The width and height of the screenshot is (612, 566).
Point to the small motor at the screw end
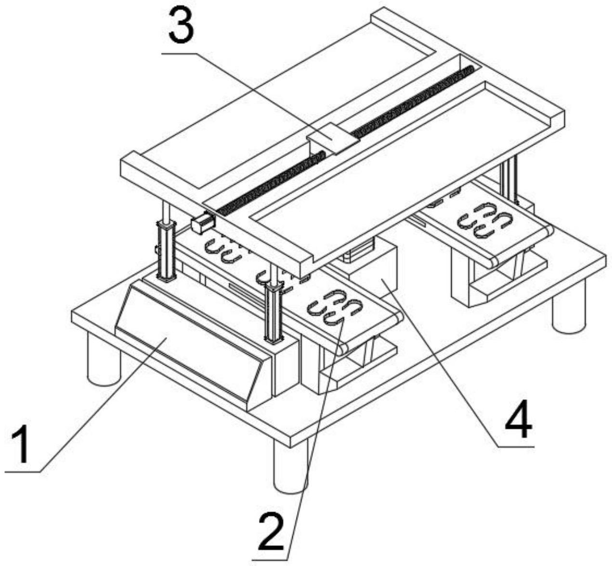[202, 223]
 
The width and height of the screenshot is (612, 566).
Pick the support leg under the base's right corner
[569, 306]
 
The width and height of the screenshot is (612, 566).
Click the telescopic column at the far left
[167, 242]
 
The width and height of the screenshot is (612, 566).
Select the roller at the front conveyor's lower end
[343, 350]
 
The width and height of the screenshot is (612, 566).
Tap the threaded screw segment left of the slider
[270, 182]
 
